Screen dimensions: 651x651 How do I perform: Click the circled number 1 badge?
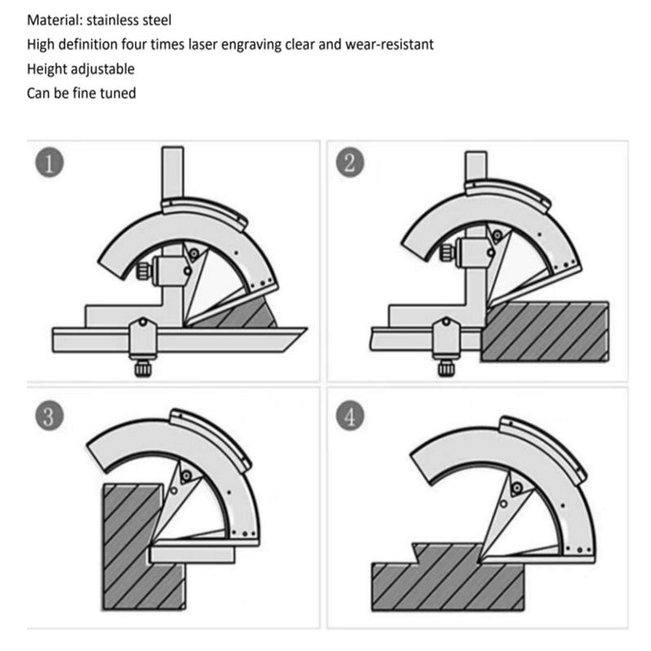point(50,163)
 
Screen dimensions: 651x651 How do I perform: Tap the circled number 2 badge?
point(350,162)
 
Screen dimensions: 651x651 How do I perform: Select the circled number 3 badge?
point(50,416)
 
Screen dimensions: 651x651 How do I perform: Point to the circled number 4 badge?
point(350,416)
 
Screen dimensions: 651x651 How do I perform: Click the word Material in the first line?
point(55,20)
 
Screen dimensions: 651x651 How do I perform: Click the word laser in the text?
point(203,45)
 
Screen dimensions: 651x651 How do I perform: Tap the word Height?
point(46,69)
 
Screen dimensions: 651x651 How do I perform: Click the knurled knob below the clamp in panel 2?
point(446,367)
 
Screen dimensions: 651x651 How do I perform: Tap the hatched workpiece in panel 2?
point(544,332)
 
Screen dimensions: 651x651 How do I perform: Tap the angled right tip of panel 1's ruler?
point(307,329)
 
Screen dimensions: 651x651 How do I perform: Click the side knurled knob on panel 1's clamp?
point(143,271)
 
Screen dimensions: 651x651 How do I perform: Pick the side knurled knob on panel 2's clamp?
point(447,252)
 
